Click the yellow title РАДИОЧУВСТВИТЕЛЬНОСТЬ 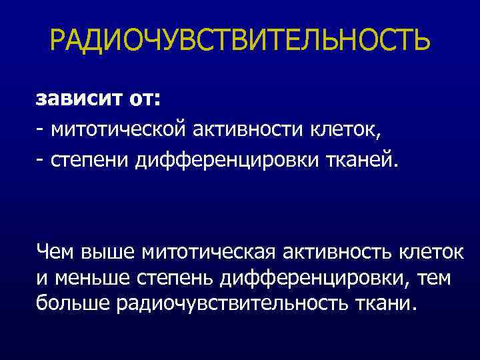click(240, 41)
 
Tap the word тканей click(364, 161)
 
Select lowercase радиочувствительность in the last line click(231, 304)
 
